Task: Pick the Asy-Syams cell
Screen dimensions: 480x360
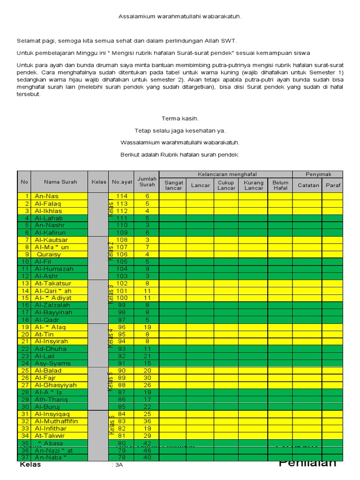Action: [52, 363]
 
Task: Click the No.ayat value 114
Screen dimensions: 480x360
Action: [121, 196]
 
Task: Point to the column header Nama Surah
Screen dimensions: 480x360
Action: [60, 182]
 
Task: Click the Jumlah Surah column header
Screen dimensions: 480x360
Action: [147, 182]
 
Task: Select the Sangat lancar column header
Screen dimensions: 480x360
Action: [173, 185]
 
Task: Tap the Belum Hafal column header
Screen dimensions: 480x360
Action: [280, 185]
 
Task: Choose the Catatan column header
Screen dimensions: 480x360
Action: [308, 185]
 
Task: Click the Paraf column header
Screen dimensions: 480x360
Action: [333, 185]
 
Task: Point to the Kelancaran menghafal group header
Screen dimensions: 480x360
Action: [227, 174]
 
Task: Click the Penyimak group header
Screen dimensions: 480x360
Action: [319, 174]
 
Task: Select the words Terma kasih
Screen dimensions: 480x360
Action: [180, 119]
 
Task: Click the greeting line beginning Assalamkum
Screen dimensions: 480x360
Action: [180, 17]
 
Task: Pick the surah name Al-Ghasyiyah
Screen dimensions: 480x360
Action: [55, 385]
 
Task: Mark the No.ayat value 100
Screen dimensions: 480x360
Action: [121, 298]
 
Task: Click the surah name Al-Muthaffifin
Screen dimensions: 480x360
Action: [56, 421]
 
